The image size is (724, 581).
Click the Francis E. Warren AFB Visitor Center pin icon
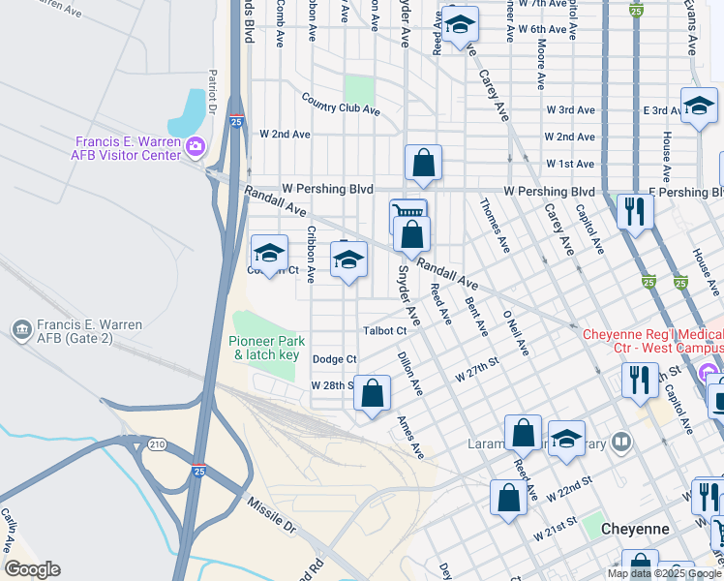(196, 148)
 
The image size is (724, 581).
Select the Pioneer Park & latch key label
(267, 348)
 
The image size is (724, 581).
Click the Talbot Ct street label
(384, 331)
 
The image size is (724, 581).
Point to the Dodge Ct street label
(334, 359)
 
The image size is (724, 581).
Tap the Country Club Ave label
(340, 104)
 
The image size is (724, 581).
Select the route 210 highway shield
(154, 444)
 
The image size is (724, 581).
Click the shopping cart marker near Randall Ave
(407, 213)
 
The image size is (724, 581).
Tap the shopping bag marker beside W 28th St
(372, 394)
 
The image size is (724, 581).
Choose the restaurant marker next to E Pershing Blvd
(635, 211)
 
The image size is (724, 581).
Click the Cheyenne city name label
(635, 529)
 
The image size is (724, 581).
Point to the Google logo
(32, 569)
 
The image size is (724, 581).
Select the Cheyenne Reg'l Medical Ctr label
(652, 341)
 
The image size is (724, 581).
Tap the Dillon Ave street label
(410, 374)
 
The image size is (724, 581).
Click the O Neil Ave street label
(515, 332)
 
